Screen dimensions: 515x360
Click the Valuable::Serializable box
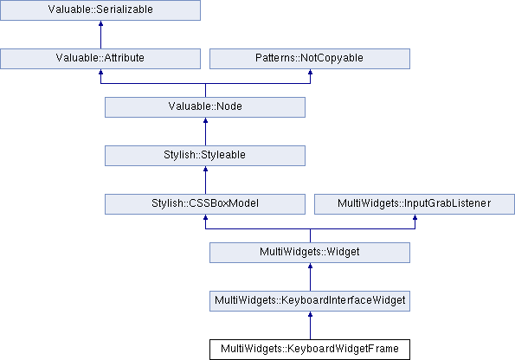point(100,10)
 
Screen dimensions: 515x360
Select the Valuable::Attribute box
point(100,59)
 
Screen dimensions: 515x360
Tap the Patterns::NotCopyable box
point(310,59)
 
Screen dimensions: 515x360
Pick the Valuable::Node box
point(205,107)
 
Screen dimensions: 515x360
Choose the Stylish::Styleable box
point(205,156)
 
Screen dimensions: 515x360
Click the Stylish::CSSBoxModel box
point(205,204)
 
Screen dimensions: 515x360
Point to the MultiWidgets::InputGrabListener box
point(415,204)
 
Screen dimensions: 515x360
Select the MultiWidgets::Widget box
point(310,253)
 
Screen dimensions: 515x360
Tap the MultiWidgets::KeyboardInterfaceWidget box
point(310,301)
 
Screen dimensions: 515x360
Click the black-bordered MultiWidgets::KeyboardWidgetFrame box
point(310,350)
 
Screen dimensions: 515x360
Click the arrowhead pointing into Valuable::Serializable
point(100,23)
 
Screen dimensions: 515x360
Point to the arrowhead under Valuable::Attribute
point(100,72)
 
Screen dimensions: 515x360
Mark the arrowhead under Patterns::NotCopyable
point(310,72)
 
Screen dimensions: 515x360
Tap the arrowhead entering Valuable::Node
point(206,120)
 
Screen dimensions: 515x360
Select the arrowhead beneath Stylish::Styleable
point(206,169)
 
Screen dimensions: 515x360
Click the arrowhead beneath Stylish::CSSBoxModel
point(206,217)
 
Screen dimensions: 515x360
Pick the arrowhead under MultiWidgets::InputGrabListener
point(415,217)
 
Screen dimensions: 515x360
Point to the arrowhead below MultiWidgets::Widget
point(310,266)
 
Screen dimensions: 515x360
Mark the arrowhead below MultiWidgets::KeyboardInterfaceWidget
point(310,314)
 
